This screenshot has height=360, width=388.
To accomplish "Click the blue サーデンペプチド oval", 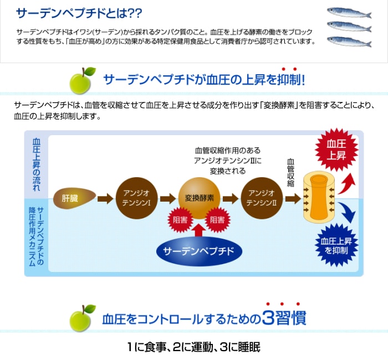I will (199, 251).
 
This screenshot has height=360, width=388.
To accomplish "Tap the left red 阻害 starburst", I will (180, 220).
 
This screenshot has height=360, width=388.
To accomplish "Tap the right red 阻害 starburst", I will (217, 220).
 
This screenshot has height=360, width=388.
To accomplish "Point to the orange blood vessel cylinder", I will (320, 197).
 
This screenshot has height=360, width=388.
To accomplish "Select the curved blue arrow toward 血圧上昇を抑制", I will (347, 212).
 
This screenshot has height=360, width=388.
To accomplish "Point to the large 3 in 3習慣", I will (268, 318).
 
